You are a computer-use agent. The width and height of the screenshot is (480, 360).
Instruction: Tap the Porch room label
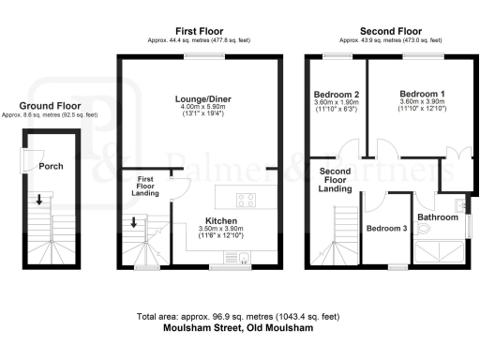pyautogui.click(x=51, y=167)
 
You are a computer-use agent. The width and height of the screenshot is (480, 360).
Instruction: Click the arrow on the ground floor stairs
pyautogui.click(x=38, y=200)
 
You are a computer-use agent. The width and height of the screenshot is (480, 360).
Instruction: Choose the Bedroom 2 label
pyautogui.click(x=335, y=95)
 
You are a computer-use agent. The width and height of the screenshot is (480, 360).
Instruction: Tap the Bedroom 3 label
pyautogui.click(x=384, y=229)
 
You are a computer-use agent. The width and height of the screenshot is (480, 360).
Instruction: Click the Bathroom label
pyautogui.click(x=437, y=217)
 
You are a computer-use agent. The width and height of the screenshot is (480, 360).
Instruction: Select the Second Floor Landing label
pyautogui.click(x=336, y=180)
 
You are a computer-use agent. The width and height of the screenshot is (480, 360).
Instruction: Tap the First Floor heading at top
pyautogui.click(x=198, y=31)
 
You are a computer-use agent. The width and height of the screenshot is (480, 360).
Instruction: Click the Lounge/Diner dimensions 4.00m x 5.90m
pyautogui.click(x=199, y=107)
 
